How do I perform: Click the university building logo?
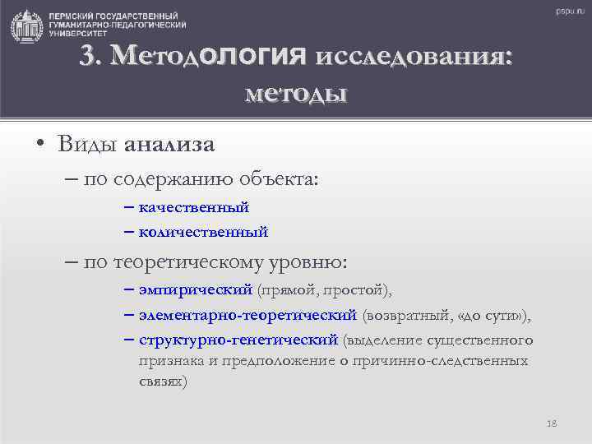[x=27, y=26]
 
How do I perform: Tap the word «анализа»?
[x=169, y=145]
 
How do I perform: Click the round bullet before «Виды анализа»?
[x=40, y=146]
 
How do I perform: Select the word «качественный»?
[x=194, y=207]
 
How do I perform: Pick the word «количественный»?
[x=203, y=232]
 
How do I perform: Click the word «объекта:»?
[x=284, y=176]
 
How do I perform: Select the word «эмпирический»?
[x=196, y=290]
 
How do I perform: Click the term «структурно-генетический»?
[x=238, y=340]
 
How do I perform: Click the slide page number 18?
[x=551, y=423]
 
